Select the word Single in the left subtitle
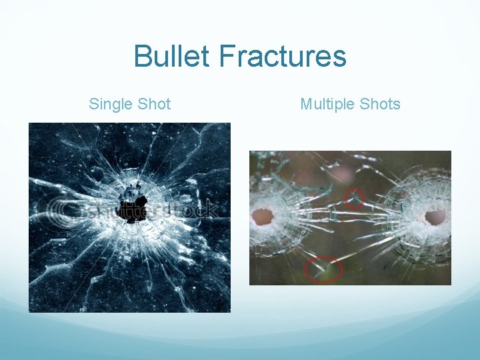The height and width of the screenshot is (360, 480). (x=111, y=104)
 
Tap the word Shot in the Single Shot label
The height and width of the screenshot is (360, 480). (x=154, y=104)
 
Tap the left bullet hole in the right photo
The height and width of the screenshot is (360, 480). (x=263, y=217)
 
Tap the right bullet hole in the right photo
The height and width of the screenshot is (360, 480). (x=435, y=217)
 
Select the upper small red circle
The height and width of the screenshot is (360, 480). (x=354, y=198)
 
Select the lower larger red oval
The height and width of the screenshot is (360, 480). (x=323, y=269)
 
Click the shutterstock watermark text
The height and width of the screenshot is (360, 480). (x=153, y=210)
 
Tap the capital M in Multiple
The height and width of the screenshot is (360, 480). (x=306, y=104)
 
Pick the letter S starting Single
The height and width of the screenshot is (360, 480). (x=94, y=104)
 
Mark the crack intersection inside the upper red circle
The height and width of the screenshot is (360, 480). (x=354, y=199)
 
